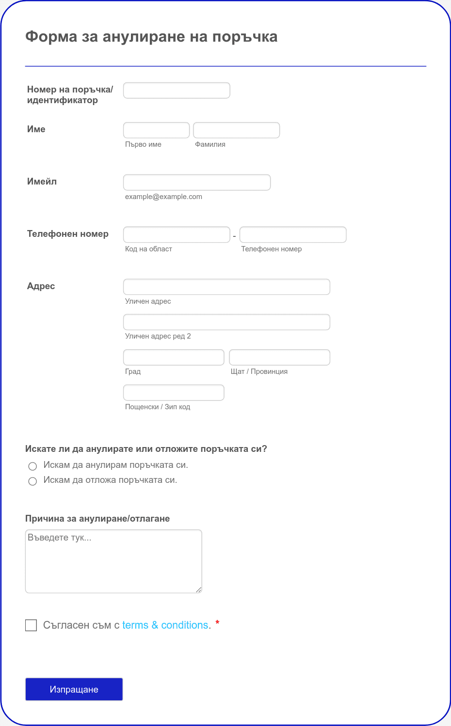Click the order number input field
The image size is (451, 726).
pyautogui.click(x=177, y=91)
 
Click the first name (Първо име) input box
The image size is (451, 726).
pyautogui.click(x=156, y=130)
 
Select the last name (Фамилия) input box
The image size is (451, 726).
pyautogui.click(x=236, y=130)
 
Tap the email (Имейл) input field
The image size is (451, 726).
pyautogui.click(x=196, y=183)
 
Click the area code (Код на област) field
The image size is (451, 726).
pyautogui.click(x=177, y=235)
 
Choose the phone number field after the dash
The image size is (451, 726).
pyautogui.click(x=293, y=235)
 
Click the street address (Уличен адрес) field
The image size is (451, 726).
pyautogui.click(x=226, y=287)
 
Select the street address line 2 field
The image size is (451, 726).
pyautogui.click(x=226, y=323)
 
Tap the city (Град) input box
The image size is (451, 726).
pyautogui.click(x=174, y=358)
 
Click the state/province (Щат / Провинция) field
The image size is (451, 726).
pyautogui.click(x=279, y=358)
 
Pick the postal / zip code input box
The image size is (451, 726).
pyautogui.click(x=174, y=393)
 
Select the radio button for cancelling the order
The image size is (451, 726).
pyautogui.click(x=32, y=466)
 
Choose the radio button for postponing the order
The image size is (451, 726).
pyautogui.click(x=32, y=481)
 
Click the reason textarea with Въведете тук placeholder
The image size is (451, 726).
pyautogui.click(x=113, y=561)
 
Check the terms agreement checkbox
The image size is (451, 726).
pyautogui.click(x=31, y=625)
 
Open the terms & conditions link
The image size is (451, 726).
pyautogui.click(x=165, y=625)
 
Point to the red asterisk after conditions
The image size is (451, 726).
pyautogui.click(x=217, y=622)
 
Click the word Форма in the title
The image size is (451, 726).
pyautogui.click(x=51, y=37)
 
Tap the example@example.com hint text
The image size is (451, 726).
pyautogui.click(x=163, y=197)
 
